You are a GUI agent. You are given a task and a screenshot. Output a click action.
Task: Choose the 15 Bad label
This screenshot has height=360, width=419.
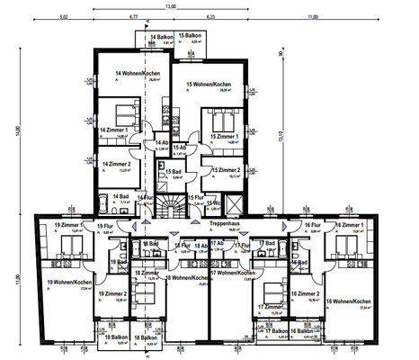[x=173, y=173]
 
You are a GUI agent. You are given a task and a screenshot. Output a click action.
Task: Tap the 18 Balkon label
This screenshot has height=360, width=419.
[x=144, y=337]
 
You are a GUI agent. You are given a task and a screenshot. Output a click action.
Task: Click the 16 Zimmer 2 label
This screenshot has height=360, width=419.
[x=306, y=294]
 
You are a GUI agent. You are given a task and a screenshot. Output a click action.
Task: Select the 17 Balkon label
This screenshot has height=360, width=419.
[x=279, y=331]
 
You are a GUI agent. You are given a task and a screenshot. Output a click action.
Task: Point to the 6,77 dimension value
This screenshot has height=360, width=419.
[x=133, y=16]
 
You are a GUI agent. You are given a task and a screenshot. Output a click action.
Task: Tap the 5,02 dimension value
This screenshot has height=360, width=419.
[x=63, y=16]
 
